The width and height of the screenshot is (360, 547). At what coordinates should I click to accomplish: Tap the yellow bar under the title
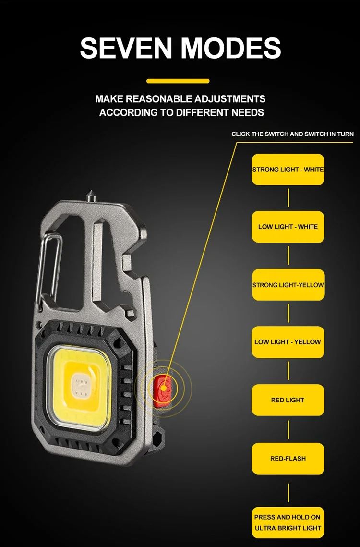coord(178,81)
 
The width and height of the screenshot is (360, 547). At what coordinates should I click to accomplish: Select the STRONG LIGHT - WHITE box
coord(288,170)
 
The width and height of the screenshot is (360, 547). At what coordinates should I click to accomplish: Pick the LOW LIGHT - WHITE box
coord(288,227)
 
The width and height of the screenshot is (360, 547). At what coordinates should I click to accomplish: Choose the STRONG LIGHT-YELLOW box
coord(288,285)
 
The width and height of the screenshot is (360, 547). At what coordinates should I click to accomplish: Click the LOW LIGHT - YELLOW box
coord(288,342)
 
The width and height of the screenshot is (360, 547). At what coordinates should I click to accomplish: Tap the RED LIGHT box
coord(288,400)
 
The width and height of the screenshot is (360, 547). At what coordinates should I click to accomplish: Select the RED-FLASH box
coord(288,459)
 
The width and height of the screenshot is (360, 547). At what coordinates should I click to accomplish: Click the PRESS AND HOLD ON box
coord(288,523)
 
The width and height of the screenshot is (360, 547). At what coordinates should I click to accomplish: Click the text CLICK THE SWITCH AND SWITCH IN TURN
coord(292,134)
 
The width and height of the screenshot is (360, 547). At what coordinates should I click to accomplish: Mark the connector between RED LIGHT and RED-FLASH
coord(288,429)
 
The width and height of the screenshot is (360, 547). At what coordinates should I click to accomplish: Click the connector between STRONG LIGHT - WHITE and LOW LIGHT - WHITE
coord(288,198)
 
